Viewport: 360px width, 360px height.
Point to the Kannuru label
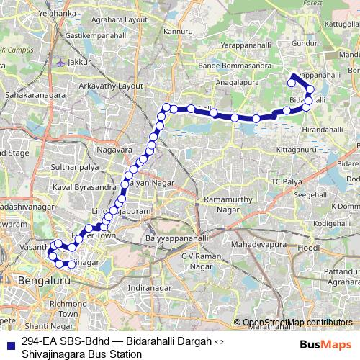[179, 32]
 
